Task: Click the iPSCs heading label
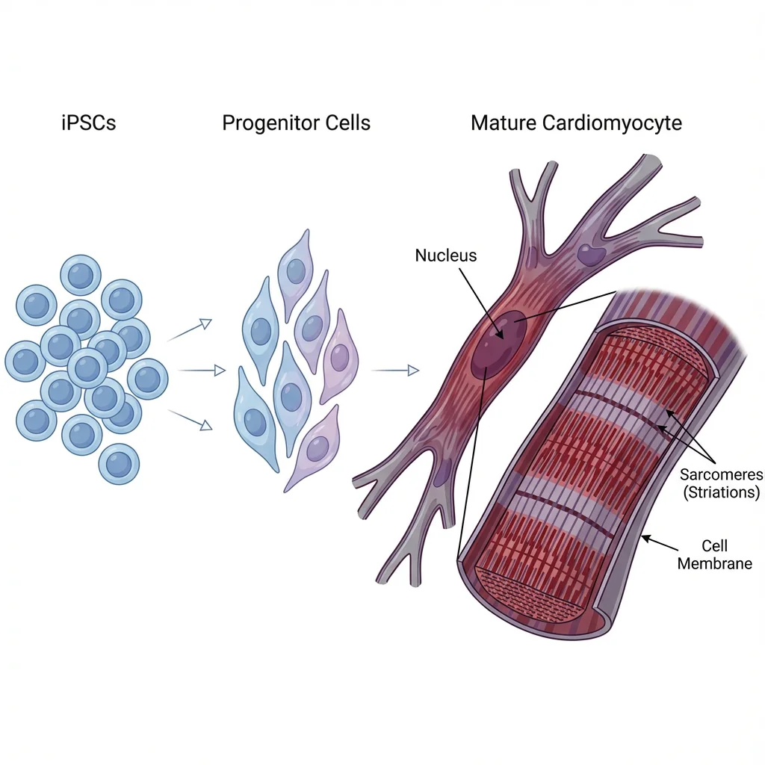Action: [89, 123]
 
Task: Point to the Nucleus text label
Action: [445, 255]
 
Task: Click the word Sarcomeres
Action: [721, 475]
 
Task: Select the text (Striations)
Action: [721, 492]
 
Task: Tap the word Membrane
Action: [714, 563]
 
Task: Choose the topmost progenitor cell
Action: [296, 267]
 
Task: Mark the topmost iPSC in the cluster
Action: [80, 275]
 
